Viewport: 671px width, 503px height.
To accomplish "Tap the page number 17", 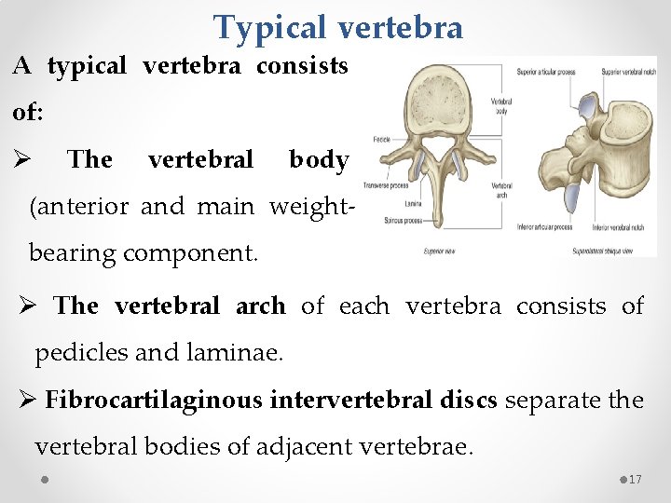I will pyautogui.click(x=637, y=480).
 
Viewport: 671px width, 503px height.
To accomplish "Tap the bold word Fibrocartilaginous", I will pyautogui.click(x=154, y=401).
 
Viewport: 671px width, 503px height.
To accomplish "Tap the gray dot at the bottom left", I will pyautogui.click(x=45, y=480).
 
